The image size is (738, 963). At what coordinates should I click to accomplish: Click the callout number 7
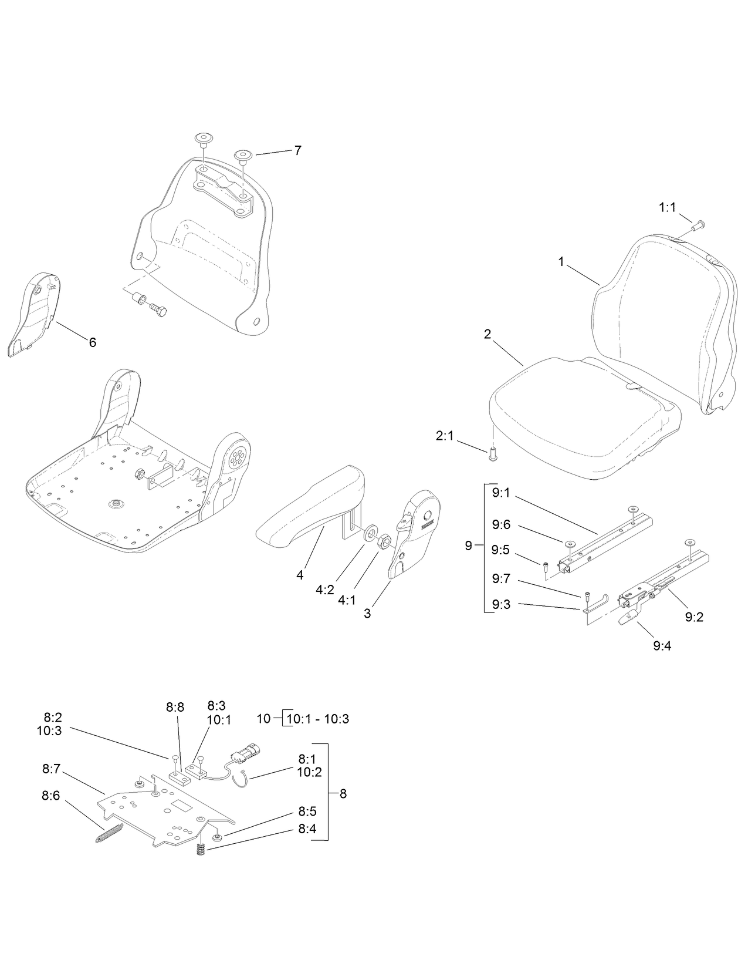[298, 150]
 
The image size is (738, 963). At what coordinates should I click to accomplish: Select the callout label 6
[92, 342]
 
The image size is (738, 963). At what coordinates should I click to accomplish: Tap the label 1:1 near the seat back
[667, 207]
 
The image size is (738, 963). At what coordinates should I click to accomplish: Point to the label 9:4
[662, 645]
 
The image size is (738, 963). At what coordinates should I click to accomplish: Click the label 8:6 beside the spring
[51, 796]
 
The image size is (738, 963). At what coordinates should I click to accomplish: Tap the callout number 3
[367, 614]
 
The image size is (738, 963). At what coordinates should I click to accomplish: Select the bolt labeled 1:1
[698, 224]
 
